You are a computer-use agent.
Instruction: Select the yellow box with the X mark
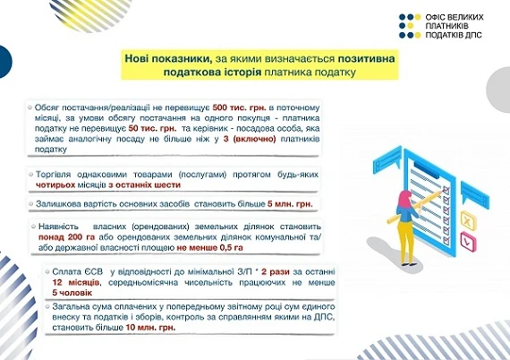point(467,219)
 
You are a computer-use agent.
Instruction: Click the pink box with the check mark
point(467,242)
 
